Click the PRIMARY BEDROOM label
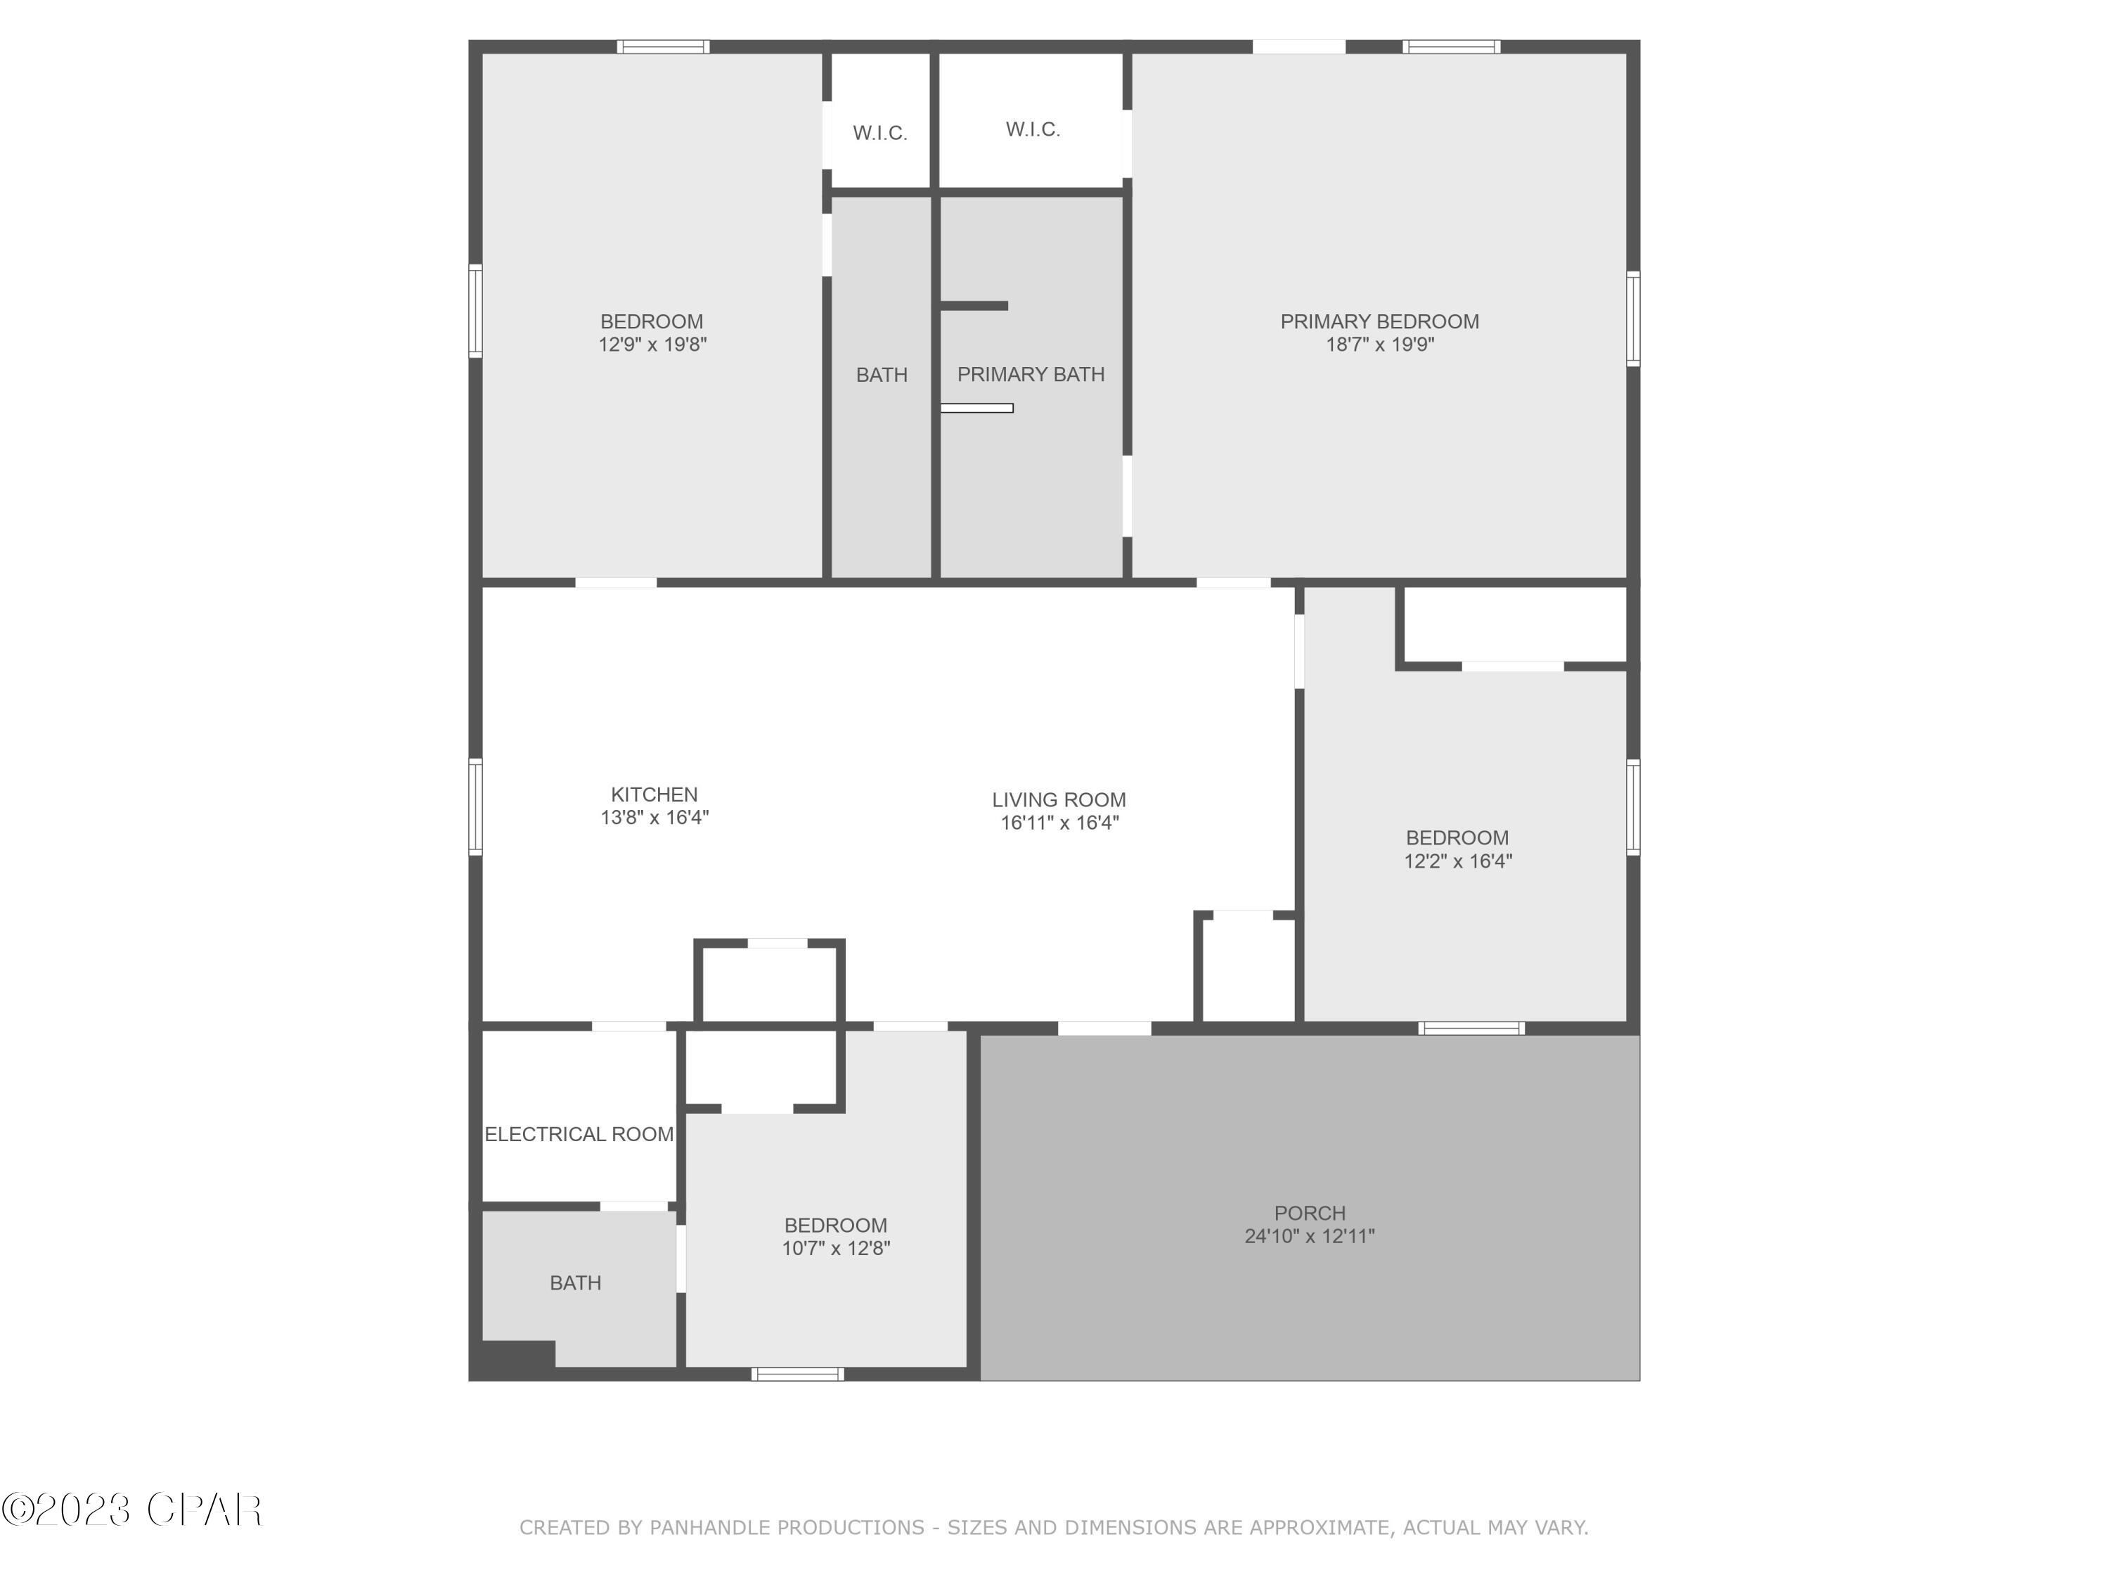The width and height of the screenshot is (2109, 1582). pyautogui.click(x=1379, y=321)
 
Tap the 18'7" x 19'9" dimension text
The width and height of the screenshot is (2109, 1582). pyautogui.click(x=1379, y=345)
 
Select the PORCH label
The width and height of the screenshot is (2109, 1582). pyautogui.click(x=1309, y=1213)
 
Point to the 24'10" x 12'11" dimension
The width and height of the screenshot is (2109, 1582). pyautogui.click(x=1309, y=1236)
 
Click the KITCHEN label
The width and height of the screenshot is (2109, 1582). pyautogui.click(x=654, y=795)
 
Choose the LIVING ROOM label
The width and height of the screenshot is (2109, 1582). pyautogui.click(x=1058, y=800)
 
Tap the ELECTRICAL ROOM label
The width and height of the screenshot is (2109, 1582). pyautogui.click(x=579, y=1134)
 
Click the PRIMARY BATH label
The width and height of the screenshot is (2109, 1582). pyautogui.click(x=1031, y=374)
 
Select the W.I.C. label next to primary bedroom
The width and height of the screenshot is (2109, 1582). pyautogui.click(x=1033, y=129)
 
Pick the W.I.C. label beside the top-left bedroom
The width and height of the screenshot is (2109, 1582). pyautogui.click(x=879, y=133)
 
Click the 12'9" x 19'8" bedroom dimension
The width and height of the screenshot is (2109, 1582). pyautogui.click(x=652, y=345)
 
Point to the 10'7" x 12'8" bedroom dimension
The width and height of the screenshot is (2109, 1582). pyautogui.click(x=835, y=1248)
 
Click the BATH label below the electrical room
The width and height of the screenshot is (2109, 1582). pyautogui.click(x=575, y=1282)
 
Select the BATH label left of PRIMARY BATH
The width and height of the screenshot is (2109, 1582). pyautogui.click(x=881, y=375)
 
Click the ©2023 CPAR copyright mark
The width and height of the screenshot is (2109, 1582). pyautogui.click(x=131, y=1510)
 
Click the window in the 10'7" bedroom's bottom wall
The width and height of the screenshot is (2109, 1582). pyautogui.click(x=797, y=1374)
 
